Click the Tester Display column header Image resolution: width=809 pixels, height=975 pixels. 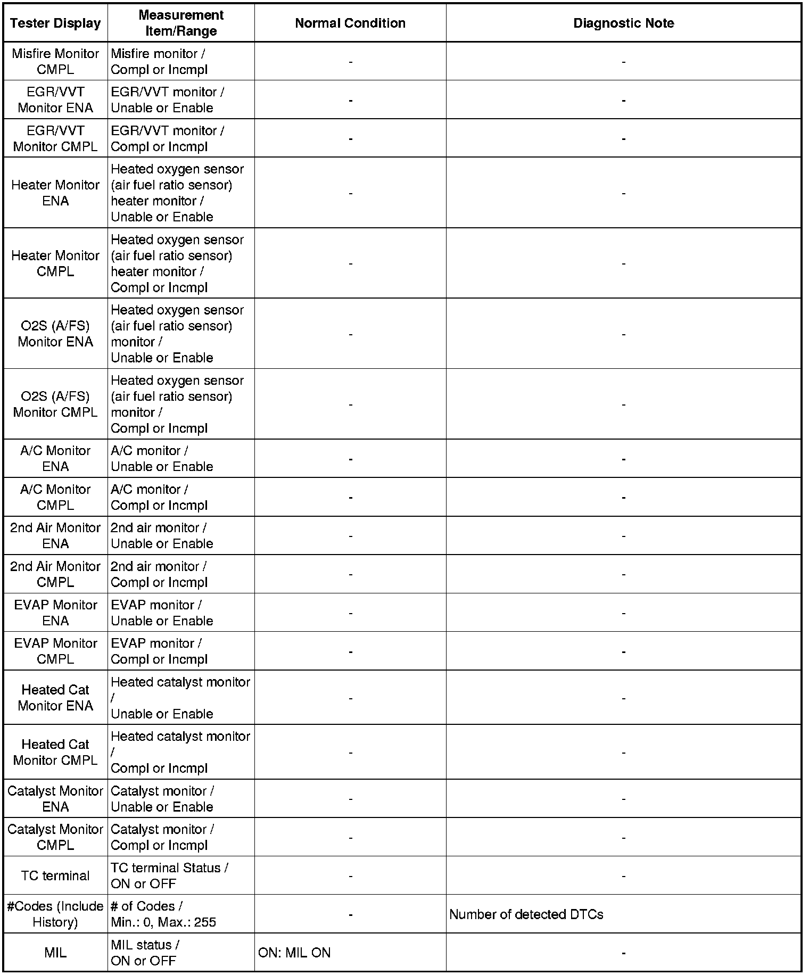(x=55, y=23)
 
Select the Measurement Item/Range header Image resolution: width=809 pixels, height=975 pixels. (x=181, y=23)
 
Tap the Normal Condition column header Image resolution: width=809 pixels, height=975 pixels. (x=350, y=23)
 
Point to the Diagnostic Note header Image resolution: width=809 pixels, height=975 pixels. (x=623, y=23)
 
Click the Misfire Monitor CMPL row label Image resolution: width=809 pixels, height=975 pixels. (x=55, y=61)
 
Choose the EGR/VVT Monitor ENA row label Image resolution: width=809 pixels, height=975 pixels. (x=55, y=100)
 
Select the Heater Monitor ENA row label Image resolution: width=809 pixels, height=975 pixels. (x=55, y=193)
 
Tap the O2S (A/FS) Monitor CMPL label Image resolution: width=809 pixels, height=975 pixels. (x=55, y=404)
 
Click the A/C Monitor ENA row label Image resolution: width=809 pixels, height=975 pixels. (x=55, y=458)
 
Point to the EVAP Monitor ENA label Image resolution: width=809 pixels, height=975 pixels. (x=55, y=613)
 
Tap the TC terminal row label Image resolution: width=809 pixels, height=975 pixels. (x=55, y=875)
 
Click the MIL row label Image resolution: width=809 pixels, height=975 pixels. (x=55, y=953)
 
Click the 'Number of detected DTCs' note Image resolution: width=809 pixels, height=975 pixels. (x=526, y=914)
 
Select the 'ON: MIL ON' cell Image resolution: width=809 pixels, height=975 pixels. (x=294, y=953)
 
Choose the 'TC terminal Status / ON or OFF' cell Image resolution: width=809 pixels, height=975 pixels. (x=169, y=875)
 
